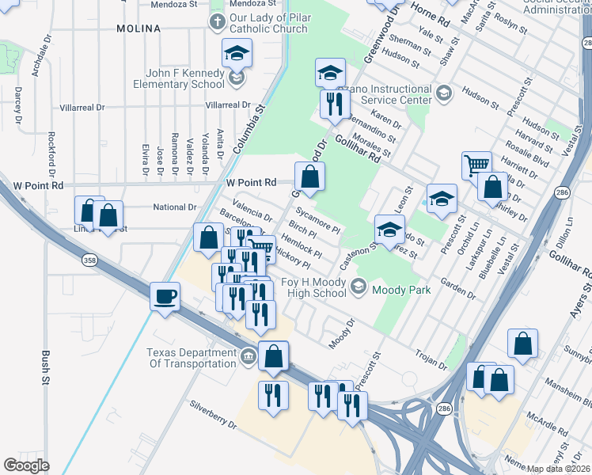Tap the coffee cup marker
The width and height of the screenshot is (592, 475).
tap(165, 297)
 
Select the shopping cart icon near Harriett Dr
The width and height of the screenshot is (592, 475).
tap(476, 165)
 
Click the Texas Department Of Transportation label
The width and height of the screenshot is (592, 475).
tap(192, 358)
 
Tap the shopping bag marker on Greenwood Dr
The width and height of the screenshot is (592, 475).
tap(310, 177)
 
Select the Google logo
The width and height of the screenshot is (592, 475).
tap(27, 465)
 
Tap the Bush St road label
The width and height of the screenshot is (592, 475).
tap(46, 367)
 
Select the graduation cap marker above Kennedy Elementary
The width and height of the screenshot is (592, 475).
tap(236, 54)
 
